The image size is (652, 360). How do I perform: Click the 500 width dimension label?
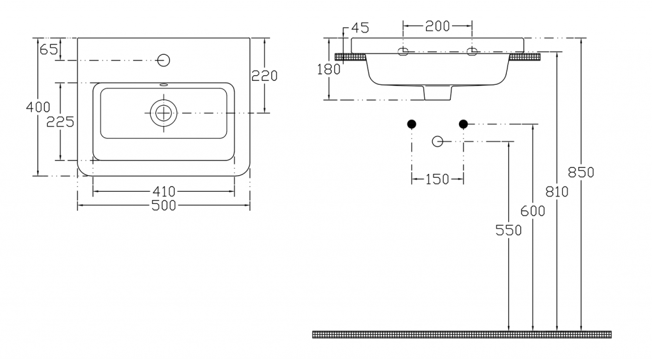point(164,205)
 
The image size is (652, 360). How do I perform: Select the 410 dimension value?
point(164,191)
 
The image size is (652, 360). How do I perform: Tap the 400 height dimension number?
point(38,108)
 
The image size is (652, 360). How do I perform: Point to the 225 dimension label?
point(60,122)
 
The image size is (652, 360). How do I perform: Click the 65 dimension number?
point(48,50)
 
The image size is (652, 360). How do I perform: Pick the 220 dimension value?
point(264,76)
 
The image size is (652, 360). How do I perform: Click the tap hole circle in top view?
point(164,61)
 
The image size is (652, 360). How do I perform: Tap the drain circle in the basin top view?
point(164,113)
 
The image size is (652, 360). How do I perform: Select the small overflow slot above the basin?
point(164,85)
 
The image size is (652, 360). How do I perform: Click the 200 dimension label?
point(437,26)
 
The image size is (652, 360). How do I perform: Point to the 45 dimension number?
point(360,28)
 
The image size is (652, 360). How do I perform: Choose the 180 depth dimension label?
point(329,69)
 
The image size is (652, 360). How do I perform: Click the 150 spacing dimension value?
point(437,180)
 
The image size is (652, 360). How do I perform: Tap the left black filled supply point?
point(412,124)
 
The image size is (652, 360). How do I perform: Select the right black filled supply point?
point(464,124)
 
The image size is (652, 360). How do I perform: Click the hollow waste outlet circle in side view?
point(437,141)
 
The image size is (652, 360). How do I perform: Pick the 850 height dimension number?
point(581,172)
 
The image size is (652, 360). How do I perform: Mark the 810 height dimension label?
point(556,192)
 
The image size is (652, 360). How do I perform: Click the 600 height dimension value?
point(533,212)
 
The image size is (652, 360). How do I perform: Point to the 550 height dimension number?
point(509,230)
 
